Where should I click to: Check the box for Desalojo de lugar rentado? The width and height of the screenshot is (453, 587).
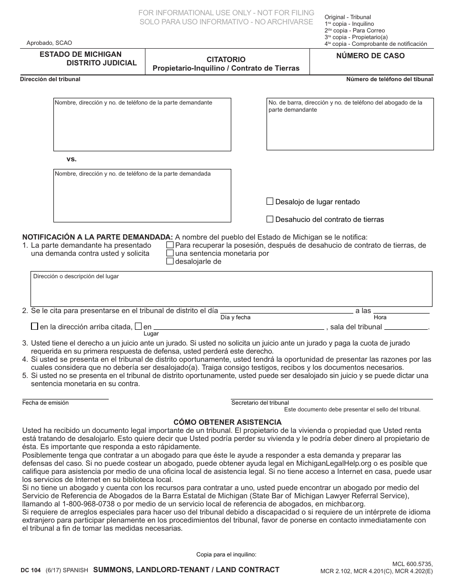(270, 201)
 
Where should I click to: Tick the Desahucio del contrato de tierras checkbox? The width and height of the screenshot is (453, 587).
(270, 219)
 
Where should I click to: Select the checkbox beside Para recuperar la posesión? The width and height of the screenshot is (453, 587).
(170, 245)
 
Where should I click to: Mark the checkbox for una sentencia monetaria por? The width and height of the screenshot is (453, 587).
(170, 253)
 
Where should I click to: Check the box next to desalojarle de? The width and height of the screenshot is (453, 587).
(170, 261)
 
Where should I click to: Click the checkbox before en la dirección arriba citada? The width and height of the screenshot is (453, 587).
(34, 326)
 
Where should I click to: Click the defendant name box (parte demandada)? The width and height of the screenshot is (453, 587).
(142, 198)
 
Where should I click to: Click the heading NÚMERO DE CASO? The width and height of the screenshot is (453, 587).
(370, 55)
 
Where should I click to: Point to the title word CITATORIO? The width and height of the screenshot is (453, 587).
(226, 60)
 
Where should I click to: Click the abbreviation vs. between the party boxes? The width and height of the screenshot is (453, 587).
(72, 159)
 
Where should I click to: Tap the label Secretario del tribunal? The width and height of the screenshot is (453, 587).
(260, 403)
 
